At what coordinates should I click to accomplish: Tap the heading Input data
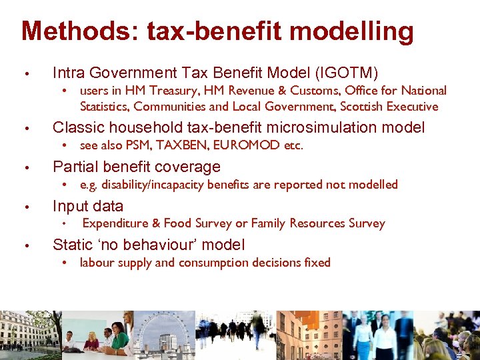tap(88, 206)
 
